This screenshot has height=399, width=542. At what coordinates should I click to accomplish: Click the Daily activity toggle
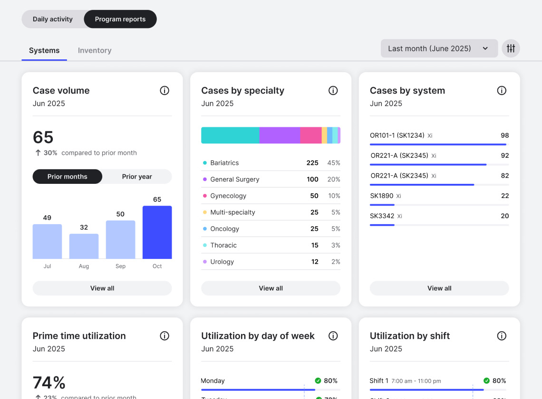53,19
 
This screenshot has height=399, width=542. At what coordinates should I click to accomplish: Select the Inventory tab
95,50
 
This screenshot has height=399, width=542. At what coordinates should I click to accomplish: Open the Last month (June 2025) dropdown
439,48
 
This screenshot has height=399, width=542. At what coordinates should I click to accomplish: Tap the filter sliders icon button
511,48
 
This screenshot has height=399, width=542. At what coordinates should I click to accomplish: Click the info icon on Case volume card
165,90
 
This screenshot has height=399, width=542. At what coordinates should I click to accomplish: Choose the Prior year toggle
137,177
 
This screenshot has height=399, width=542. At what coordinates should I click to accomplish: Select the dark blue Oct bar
157,232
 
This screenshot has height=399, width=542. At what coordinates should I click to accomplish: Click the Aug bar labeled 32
84,246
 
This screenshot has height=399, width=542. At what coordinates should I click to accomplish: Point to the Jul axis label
47,266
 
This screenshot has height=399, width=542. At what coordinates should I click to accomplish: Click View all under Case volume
102,288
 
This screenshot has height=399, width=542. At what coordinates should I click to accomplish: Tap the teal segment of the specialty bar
230,135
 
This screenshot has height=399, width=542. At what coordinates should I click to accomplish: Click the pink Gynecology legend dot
205,196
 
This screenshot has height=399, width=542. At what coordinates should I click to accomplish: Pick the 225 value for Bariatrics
312,163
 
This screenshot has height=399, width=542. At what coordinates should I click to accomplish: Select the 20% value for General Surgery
334,180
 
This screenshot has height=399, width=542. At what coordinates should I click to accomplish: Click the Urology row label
222,262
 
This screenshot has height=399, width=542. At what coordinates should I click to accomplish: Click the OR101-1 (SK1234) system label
397,135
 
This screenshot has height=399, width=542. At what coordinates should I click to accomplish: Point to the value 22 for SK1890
505,196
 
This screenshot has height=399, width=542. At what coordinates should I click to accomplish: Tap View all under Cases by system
439,288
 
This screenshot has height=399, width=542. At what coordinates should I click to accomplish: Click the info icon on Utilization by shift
502,336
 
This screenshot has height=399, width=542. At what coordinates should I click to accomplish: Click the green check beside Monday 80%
318,380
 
